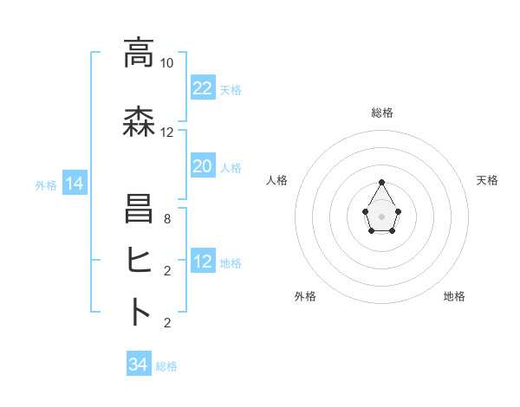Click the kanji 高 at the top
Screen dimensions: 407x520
[x=139, y=54]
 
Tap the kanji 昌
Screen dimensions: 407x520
[x=139, y=210]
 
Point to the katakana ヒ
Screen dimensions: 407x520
[x=139, y=260]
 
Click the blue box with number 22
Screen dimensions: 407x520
[x=202, y=88]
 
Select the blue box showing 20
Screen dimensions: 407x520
[x=202, y=166]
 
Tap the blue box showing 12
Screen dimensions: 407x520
[x=202, y=262]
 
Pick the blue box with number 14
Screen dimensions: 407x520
[x=74, y=184]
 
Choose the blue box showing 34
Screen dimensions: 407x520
[x=139, y=365]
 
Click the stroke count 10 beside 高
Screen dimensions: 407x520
[x=166, y=63]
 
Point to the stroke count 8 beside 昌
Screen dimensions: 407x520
[x=166, y=220]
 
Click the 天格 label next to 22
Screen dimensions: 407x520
[x=231, y=89]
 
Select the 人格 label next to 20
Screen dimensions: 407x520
[x=231, y=167]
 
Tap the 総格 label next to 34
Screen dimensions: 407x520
[x=166, y=366]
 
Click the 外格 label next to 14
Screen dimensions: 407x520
[x=46, y=184]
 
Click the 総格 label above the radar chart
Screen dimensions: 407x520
[x=382, y=113]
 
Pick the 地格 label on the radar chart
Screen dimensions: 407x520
[x=454, y=296]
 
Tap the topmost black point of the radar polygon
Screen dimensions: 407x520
[x=382, y=182]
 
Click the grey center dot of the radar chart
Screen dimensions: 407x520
[x=382, y=215]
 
